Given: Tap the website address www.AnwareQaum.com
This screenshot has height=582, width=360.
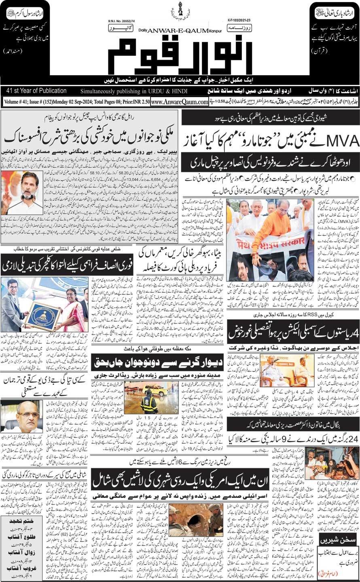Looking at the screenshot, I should point(179,102).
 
